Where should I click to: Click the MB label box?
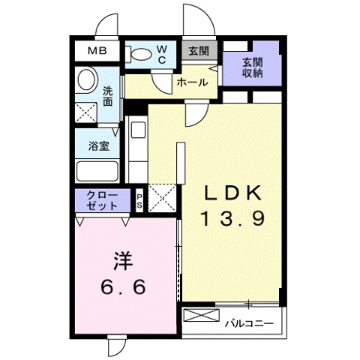tap(97, 51)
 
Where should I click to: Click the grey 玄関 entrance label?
tap(199, 51)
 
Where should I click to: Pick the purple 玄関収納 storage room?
tap(252, 67)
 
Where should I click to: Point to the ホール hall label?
tap(192, 83)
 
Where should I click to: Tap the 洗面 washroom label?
tap(109, 96)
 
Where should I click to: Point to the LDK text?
tap(233, 193)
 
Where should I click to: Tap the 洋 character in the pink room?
tap(124, 262)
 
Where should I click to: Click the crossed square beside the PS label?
tap(162, 198)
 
